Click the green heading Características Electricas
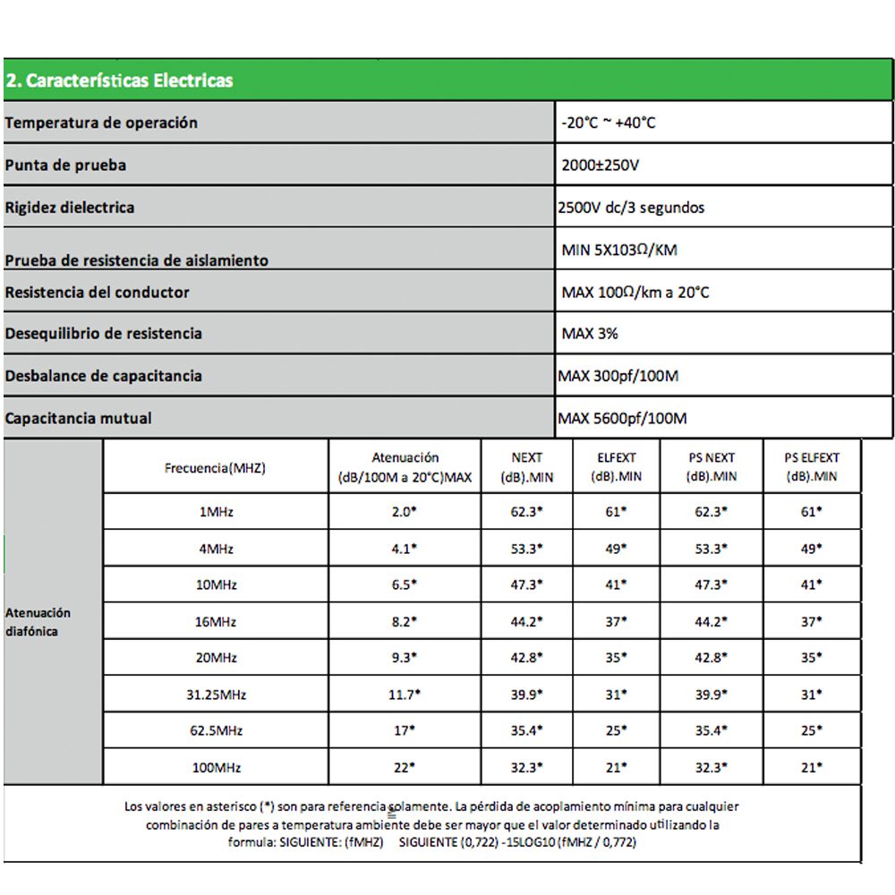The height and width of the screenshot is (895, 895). (119, 81)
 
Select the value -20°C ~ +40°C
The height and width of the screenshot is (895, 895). (608, 123)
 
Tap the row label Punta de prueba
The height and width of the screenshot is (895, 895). (65, 166)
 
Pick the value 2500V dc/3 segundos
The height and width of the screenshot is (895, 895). (631, 208)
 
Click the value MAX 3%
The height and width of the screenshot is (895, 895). (590, 334)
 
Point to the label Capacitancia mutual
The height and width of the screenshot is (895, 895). (79, 418)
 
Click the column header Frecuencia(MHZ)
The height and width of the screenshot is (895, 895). (215, 467)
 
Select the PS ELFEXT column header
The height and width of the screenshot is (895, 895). (813, 467)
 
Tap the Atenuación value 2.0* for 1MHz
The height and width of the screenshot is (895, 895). (405, 512)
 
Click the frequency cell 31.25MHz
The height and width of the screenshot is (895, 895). (215, 695)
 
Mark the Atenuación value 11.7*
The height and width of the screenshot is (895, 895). (405, 695)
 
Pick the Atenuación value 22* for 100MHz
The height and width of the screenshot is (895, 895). (405, 768)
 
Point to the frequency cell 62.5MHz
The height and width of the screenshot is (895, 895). (215, 731)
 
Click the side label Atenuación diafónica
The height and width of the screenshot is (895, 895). (38, 622)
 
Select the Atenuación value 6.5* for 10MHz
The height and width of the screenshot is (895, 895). (405, 584)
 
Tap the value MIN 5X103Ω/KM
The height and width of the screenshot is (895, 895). (619, 251)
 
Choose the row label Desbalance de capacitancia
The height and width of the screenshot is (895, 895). (103, 376)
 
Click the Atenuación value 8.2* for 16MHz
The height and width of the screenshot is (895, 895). (405, 621)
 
